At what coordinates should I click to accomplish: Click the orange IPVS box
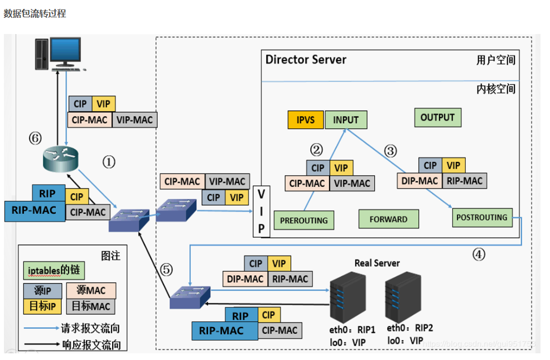pos(306,119)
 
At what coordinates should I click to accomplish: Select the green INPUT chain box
pos(346,119)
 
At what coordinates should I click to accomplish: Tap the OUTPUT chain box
pos(437,117)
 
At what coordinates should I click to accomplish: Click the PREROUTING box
pos(303,220)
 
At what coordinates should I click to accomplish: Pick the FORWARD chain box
pos(388,219)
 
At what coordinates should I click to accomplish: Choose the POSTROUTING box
pos(482,217)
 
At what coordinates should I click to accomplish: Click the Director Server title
pos(306,60)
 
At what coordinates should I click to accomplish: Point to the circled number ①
pos(108,162)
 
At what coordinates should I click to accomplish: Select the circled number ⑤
pos(166,270)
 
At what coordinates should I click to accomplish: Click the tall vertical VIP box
pos(261,211)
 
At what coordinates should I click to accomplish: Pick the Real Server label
pos(377,263)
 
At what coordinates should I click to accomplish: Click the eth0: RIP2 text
pos(409,328)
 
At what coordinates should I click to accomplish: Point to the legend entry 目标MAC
pos(91,305)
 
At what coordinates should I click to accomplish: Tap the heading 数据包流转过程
pos(35,13)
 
